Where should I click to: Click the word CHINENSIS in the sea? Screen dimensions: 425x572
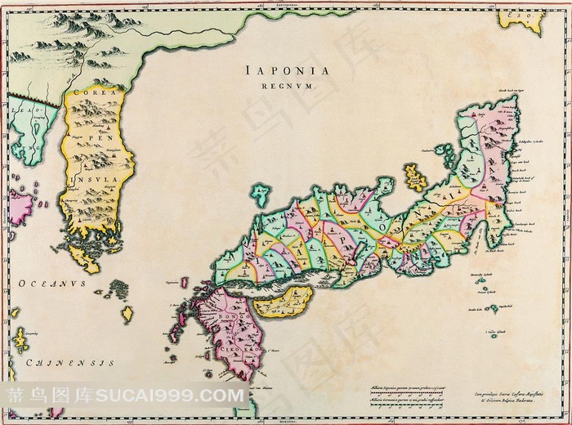[61, 360]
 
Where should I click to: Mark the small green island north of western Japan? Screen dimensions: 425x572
[261, 195]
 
